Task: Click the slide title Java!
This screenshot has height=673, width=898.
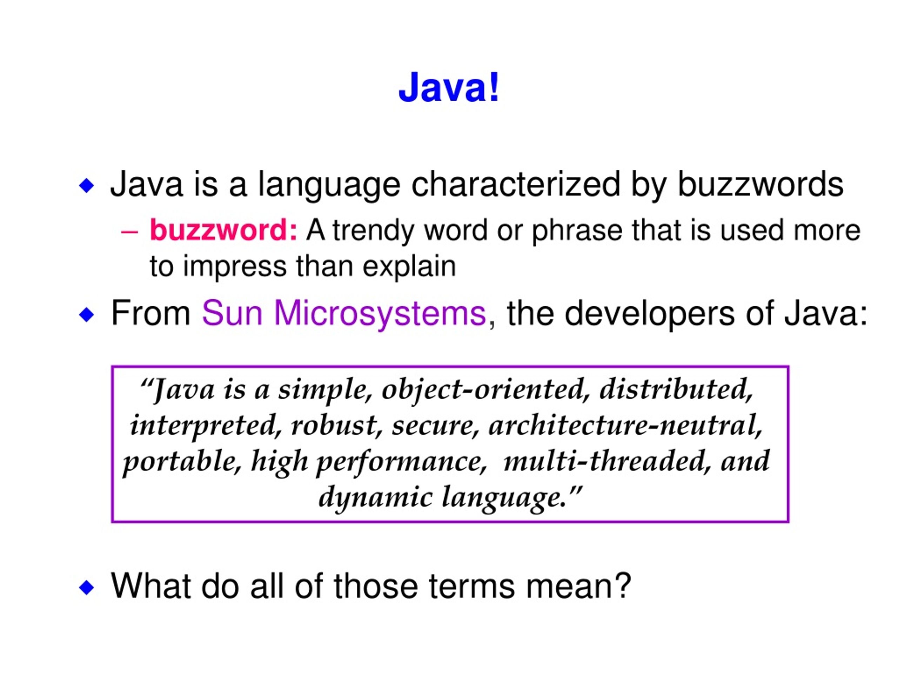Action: pyautogui.click(x=449, y=88)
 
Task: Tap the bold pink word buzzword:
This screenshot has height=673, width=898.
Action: pyautogui.click(x=224, y=230)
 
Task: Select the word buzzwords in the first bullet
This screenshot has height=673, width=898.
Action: pyautogui.click(x=760, y=185)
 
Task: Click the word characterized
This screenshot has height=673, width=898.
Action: pyautogui.click(x=516, y=185)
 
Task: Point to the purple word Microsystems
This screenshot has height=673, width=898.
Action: pyautogui.click(x=380, y=313)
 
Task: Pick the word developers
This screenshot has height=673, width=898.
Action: pyautogui.click(x=650, y=313)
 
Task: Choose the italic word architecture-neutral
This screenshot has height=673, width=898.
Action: pyautogui.click(x=625, y=426)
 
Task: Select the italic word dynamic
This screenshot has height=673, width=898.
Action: pyautogui.click(x=375, y=498)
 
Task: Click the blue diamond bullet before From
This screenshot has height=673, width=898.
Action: pyautogui.click(x=87, y=314)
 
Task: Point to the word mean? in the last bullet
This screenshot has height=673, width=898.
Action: pyautogui.click(x=578, y=586)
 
